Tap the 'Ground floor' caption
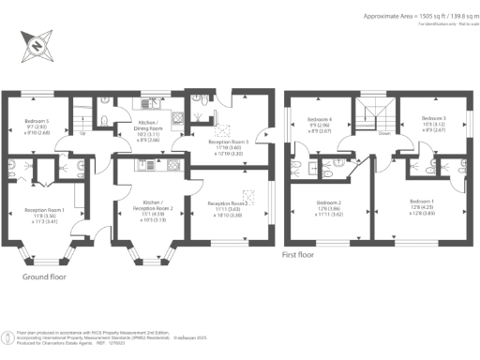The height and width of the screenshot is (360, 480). (x=46, y=277)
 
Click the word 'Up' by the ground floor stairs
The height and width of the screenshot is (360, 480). (x=85, y=133)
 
